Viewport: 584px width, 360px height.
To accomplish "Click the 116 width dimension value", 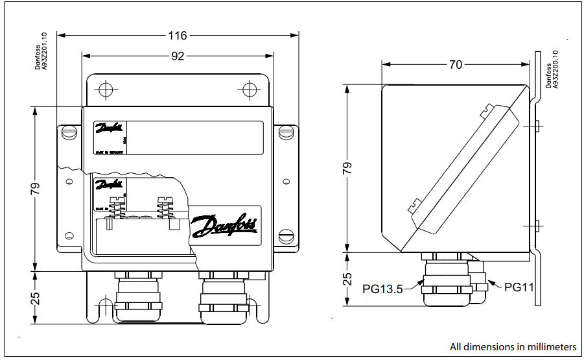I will point(177,35).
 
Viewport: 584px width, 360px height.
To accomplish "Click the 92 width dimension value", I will point(178,56).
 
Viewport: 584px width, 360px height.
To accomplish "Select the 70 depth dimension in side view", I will point(456,64).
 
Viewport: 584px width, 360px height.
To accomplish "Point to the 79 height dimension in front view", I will point(35,188).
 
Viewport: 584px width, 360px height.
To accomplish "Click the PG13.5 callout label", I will point(382,289).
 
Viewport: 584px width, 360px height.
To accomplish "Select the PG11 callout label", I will point(519,285).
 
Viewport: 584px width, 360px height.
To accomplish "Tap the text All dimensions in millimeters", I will point(513,346).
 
